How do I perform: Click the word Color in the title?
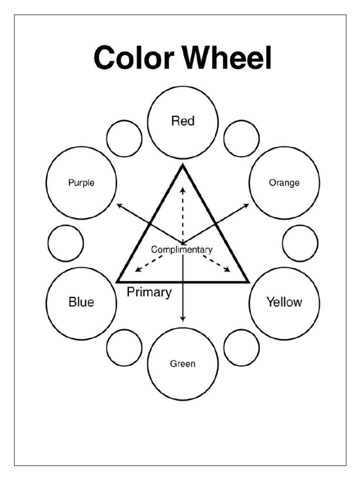click(135, 59)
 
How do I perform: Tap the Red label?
click(183, 121)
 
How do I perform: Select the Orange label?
click(284, 183)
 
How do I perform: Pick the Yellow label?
click(284, 302)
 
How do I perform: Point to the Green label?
click(183, 364)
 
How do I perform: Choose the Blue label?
click(81, 302)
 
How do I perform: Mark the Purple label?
click(81, 183)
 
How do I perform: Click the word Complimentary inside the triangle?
click(181, 249)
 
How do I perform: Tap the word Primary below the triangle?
click(149, 292)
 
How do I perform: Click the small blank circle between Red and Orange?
click(241, 139)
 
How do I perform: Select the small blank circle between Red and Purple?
click(124, 139)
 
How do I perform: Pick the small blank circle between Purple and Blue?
click(66, 243)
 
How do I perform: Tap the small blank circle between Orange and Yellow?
click(300, 243)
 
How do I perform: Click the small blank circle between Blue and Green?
click(124, 347)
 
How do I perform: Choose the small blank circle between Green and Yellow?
click(241, 347)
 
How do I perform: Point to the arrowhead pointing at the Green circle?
click(183, 318)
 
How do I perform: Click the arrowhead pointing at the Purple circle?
click(119, 205)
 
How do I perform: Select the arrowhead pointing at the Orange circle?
click(247, 205)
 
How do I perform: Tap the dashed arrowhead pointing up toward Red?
click(183, 188)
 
